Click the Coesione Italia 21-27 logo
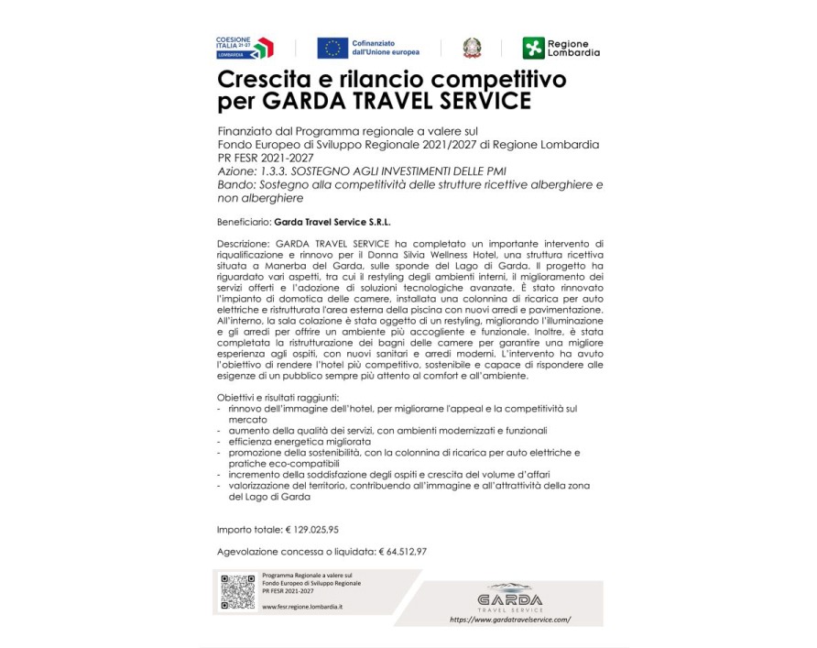point(244,48)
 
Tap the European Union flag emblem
point(332,48)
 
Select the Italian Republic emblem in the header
point(473,48)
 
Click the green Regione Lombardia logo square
point(532,48)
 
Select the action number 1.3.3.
point(277,171)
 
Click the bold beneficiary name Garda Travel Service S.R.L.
point(326,221)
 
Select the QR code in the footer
point(238,591)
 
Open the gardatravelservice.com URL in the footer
point(510,619)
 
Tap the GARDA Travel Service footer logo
point(510,598)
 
